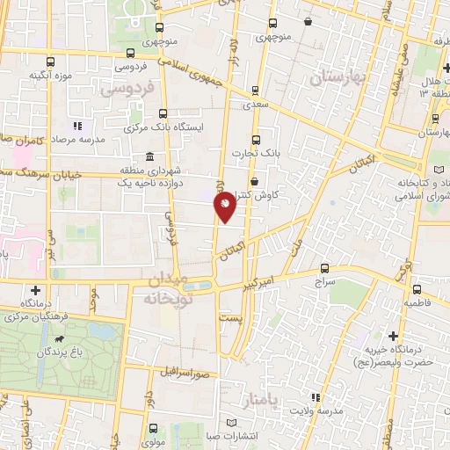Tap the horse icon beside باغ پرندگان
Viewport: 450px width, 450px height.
(58, 337)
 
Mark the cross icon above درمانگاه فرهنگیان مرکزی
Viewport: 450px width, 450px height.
(35, 290)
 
